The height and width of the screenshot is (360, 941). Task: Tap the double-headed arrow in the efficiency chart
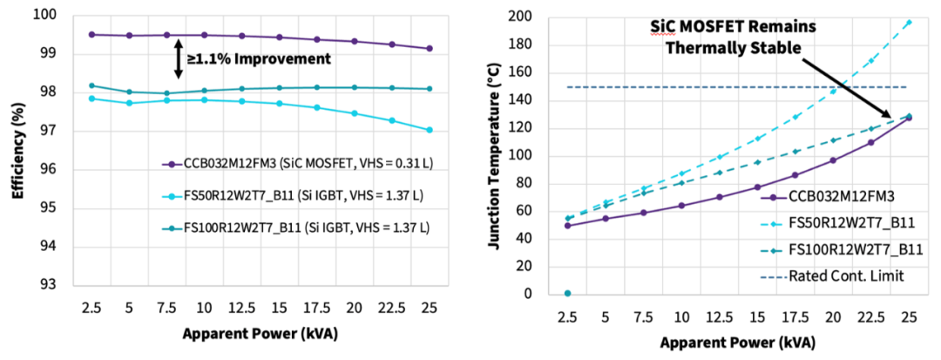point(178,59)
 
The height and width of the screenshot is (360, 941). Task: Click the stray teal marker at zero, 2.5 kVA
point(567,293)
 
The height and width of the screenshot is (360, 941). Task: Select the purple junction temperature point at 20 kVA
point(833,160)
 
